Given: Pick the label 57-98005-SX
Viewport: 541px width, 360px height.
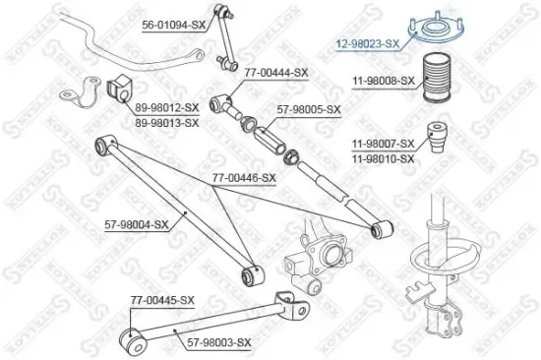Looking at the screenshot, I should tap(309, 109).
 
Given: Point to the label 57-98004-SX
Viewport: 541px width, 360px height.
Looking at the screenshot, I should tap(137, 224).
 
